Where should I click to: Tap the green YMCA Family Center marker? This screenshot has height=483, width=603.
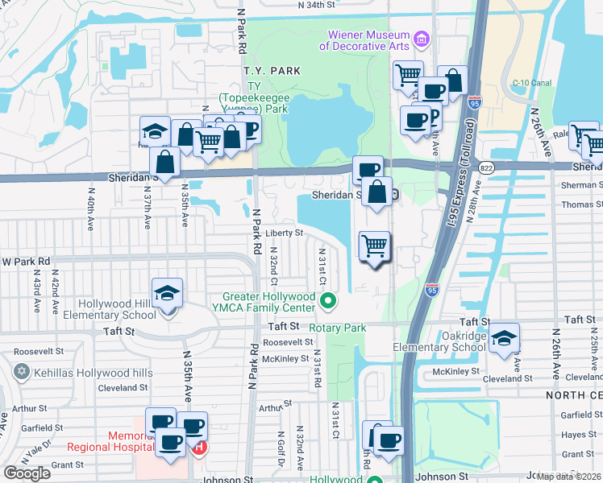coord(328,303)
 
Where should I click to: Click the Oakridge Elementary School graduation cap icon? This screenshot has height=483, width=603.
coord(504,339)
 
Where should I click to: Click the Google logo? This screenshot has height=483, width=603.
coord(27,473)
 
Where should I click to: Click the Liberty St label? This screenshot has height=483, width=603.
coord(284,233)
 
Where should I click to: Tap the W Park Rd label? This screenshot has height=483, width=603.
coord(26,262)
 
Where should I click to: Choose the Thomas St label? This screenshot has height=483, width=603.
coord(582,204)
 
